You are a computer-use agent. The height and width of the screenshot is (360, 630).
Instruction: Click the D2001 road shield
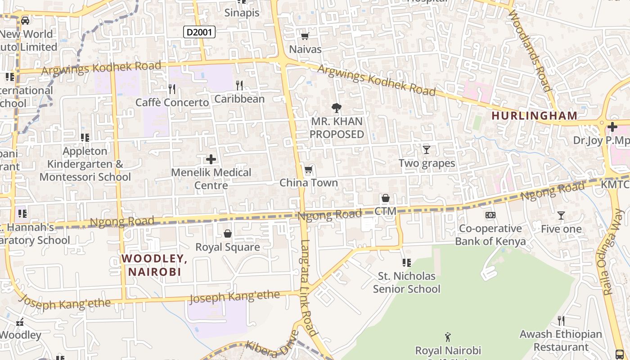(x=199, y=32)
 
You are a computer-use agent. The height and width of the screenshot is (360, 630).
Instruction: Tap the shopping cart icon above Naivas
(x=305, y=36)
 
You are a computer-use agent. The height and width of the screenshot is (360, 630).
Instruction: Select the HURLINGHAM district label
(x=534, y=116)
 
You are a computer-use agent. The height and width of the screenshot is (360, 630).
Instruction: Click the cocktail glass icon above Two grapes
(x=427, y=149)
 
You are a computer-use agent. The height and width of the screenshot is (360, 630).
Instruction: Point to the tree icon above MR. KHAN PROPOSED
(x=336, y=108)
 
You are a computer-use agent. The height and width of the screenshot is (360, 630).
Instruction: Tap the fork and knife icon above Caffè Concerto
(x=171, y=89)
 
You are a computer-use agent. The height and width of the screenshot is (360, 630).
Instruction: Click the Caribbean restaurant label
(x=239, y=99)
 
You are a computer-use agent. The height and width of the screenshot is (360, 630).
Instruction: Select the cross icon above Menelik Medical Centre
(x=211, y=159)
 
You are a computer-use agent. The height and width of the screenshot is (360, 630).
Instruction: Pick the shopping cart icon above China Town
(x=308, y=170)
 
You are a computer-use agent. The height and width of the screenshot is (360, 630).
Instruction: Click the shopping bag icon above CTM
(x=386, y=198)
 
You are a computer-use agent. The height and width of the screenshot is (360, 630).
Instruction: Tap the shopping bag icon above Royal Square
(x=228, y=234)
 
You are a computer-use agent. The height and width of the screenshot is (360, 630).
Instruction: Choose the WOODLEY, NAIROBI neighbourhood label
(x=154, y=265)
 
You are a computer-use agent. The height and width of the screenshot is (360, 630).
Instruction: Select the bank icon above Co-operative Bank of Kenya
(x=490, y=215)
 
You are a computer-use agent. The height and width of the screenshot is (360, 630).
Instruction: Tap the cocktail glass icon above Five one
(x=561, y=216)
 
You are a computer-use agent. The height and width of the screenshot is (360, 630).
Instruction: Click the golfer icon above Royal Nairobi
(x=448, y=337)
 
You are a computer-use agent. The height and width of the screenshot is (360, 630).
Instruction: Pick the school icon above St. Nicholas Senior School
(x=406, y=262)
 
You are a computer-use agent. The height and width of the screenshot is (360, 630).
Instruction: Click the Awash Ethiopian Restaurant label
(x=561, y=341)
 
